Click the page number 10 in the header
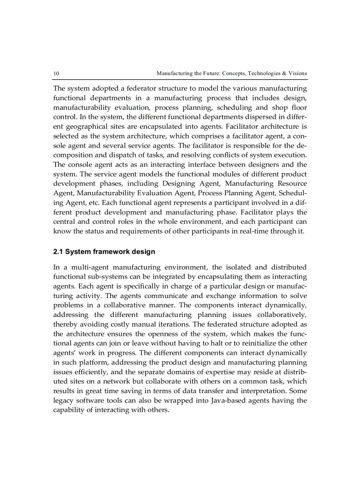pos(56,73)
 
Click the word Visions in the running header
pos(296,73)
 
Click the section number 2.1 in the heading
pos(58,252)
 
